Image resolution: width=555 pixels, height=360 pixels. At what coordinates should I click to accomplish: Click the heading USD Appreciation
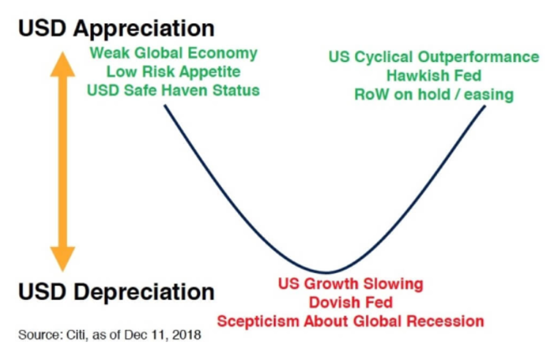[x=116, y=29]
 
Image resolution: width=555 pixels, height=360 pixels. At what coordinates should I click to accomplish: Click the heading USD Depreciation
[x=116, y=292]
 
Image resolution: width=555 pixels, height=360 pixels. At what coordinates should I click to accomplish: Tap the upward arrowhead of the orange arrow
[x=63, y=64]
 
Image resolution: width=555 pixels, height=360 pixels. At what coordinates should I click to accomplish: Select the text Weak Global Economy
[x=173, y=53]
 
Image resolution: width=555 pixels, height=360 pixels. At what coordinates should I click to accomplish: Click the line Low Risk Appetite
[x=173, y=72]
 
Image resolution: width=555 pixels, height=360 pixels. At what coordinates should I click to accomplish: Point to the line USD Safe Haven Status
[x=173, y=90]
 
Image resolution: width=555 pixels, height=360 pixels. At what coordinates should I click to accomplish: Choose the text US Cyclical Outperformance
[x=434, y=57]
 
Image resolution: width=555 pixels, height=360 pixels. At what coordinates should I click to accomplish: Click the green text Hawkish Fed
[x=434, y=76]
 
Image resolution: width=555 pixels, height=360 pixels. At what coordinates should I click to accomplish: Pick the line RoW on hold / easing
[x=434, y=95]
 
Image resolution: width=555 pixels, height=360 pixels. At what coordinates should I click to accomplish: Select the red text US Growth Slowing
[x=351, y=284]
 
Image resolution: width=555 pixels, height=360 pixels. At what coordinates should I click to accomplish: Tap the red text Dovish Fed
[x=351, y=303]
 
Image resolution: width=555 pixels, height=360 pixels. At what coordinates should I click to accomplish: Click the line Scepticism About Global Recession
[x=351, y=321]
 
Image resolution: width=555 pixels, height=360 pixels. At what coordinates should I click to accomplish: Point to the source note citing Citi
[x=110, y=335]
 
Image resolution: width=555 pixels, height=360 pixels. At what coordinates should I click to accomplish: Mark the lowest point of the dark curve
[x=327, y=273]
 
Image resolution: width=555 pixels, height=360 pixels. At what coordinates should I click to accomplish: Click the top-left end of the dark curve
[x=165, y=105]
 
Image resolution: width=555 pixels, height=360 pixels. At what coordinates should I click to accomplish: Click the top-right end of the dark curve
[x=485, y=106]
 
